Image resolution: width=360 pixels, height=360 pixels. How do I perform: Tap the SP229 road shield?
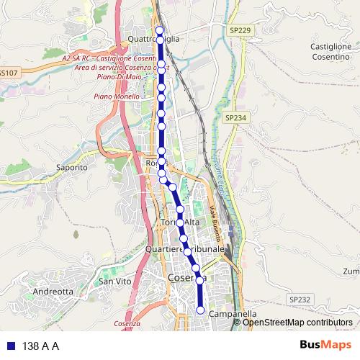pyautogui.click(x=240, y=30)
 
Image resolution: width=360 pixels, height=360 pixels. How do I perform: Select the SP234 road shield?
pyautogui.click(x=235, y=117)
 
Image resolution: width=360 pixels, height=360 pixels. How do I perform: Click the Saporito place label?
pyautogui.click(x=71, y=167)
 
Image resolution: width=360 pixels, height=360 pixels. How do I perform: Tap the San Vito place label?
pyautogui.click(x=115, y=282)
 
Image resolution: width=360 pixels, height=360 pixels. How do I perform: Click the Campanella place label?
pyautogui.click(x=232, y=315)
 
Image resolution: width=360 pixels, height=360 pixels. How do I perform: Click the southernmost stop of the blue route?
pyautogui.click(x=200, y=310)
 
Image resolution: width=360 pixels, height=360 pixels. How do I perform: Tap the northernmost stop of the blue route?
pyautogui.click(x=160, y=30)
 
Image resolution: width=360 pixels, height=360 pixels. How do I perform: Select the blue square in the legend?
pyautogui.click(x=10, y=346)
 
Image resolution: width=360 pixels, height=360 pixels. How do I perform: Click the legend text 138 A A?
pyautogui.click(x=40, y=346)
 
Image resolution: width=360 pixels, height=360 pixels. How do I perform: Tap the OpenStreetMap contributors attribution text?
pyautogui.click(x=297, y=322)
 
